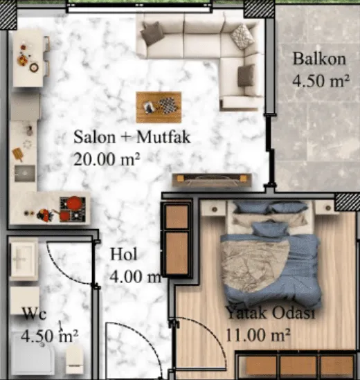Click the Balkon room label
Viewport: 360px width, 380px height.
319,59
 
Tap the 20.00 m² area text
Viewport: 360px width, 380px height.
107,159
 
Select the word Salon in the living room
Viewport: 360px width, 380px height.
95,137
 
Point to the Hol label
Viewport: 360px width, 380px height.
124,254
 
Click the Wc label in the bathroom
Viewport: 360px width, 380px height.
34,314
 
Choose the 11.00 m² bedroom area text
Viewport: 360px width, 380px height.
258,335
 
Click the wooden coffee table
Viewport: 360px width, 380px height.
159,107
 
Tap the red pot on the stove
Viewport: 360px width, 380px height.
73,203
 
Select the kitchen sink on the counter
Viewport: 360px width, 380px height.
24,173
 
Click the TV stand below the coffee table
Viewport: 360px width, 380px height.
212,180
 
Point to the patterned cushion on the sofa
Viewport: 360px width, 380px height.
242,37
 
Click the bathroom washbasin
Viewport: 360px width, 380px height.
24,259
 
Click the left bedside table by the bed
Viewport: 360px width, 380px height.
213,208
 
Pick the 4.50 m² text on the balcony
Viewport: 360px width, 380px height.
321,81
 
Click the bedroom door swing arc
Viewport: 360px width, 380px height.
210,330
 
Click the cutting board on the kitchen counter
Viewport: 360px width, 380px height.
18,154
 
